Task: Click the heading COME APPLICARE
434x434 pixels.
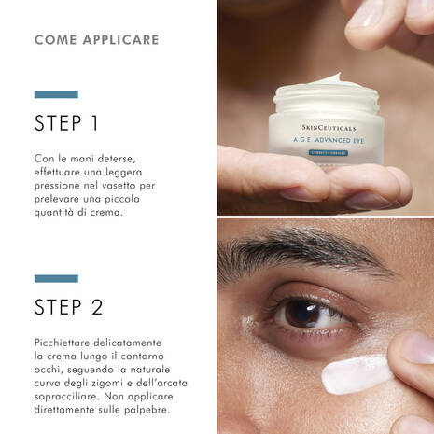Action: [x=96, y=40]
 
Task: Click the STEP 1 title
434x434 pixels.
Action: [x=66, y=123]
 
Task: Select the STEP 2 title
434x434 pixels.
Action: [x=68, y=307]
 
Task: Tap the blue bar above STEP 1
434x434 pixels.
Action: [x=56, y=94]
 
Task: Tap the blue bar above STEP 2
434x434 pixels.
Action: [x=56, y=278]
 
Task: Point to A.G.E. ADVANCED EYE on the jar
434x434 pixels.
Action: [x=327, y=142]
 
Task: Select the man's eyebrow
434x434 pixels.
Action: [x=299, y=253]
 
